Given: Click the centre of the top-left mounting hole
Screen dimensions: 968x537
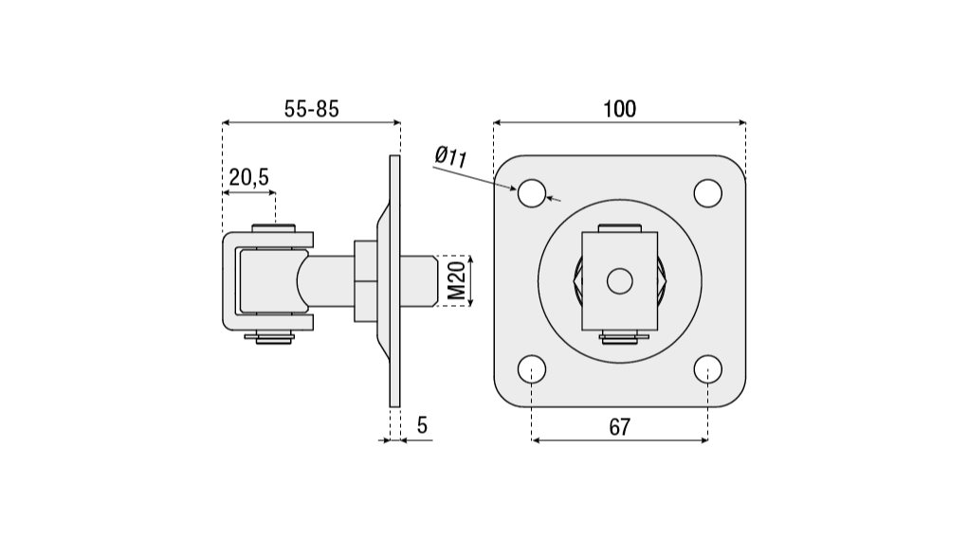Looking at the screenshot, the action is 532,193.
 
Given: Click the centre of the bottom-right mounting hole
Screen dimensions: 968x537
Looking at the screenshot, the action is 707,369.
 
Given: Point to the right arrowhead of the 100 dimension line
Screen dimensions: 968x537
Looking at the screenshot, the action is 742,123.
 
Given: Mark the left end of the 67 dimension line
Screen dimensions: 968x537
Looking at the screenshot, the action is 532,440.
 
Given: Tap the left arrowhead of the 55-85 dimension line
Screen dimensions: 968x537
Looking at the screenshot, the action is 226,123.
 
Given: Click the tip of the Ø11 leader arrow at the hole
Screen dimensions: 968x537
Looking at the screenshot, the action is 517,189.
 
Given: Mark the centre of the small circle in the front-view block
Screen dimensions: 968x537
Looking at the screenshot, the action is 620,281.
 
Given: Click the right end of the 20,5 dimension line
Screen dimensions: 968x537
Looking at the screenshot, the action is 275,193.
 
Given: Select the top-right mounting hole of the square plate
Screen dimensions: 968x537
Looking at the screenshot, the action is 707,193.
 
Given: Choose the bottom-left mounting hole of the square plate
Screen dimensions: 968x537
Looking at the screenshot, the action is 532,369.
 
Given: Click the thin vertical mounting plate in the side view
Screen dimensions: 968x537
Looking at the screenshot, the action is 394,281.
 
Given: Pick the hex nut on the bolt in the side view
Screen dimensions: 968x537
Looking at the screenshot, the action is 365,281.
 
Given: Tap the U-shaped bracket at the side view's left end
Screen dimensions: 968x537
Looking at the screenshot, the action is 268,281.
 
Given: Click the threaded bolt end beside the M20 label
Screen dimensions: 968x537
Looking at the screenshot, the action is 418,281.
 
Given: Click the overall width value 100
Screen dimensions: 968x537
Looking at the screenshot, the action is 619,109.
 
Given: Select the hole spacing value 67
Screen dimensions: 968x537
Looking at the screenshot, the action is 620,426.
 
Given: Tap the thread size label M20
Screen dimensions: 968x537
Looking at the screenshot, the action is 456,280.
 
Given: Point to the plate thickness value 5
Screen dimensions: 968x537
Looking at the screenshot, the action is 422,425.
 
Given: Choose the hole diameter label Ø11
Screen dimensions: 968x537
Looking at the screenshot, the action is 450,156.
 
